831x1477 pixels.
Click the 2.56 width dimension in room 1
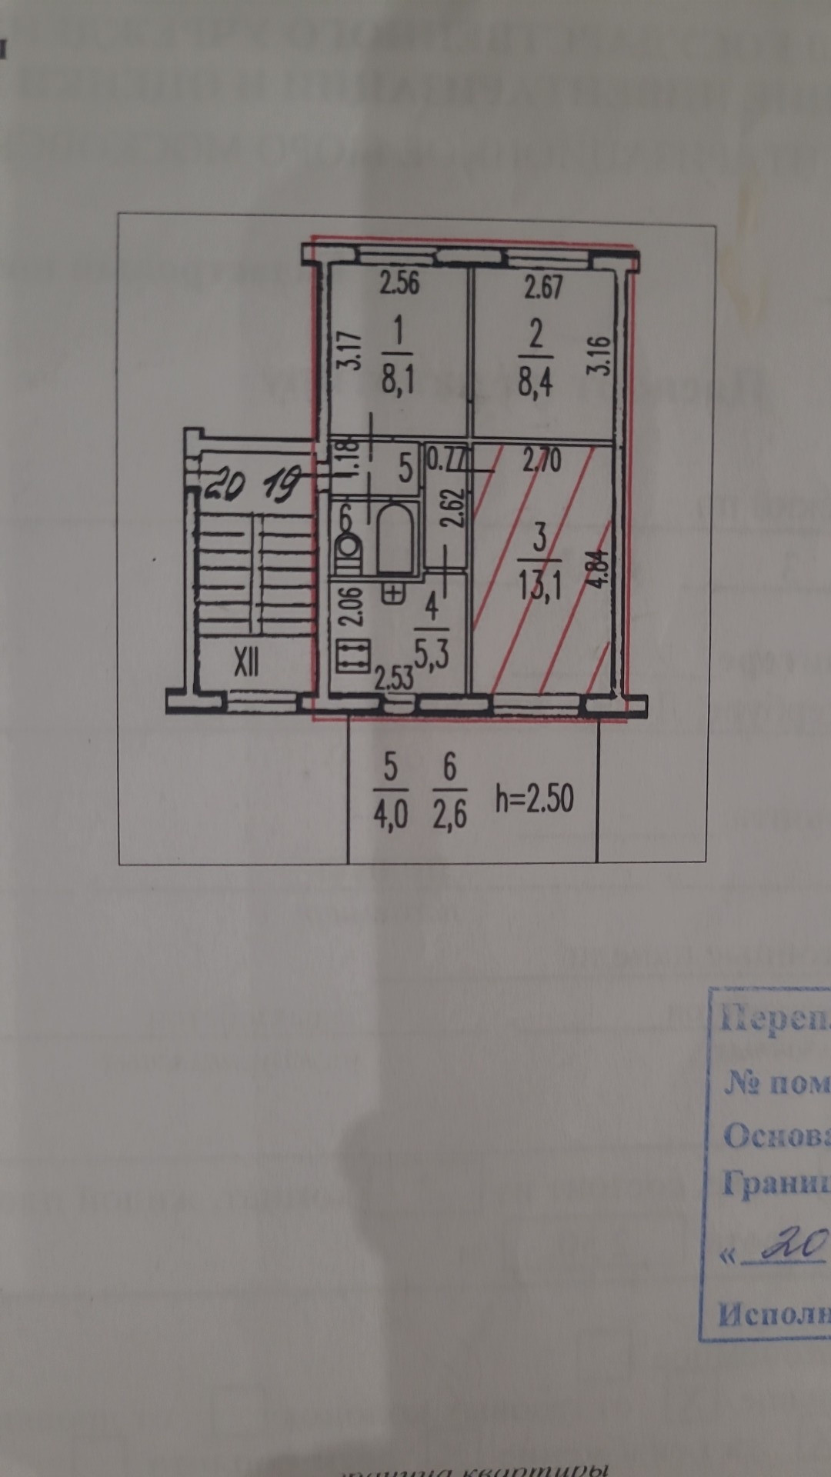coord(399,283)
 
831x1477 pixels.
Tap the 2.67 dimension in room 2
coord(543,287)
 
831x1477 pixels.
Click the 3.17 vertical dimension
coord(350,351)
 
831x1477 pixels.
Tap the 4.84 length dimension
coord(601,568)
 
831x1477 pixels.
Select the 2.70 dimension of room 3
coord(542,461)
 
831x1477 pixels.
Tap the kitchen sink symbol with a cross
coord(392,592)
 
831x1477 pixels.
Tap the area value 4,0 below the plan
coord(390,814)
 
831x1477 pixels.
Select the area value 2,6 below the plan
coord(449,814)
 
